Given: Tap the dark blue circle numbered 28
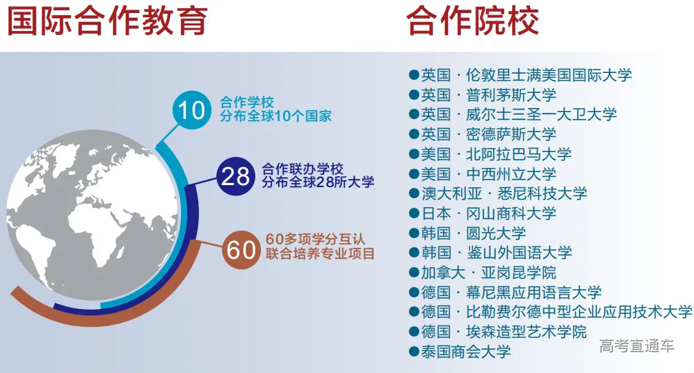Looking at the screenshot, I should point(236,176).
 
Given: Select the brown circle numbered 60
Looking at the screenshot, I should point(242,250).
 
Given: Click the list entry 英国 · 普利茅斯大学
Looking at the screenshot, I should point(488,94).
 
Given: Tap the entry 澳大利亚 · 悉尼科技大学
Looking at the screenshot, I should point(504,193).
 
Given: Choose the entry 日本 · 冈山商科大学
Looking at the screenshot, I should point(488,213).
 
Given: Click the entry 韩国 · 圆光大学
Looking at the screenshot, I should point(473,233).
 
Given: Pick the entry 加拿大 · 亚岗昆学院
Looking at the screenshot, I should point(488,273).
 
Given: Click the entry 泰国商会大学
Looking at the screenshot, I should point(466,352).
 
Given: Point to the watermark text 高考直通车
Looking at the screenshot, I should point(637,346).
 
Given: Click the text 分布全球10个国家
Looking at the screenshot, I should point(275,116).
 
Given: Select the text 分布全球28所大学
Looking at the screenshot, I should point(318,182).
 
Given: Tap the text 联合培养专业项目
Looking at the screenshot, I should point(320,254).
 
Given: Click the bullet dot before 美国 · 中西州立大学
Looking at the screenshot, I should point(414,174).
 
